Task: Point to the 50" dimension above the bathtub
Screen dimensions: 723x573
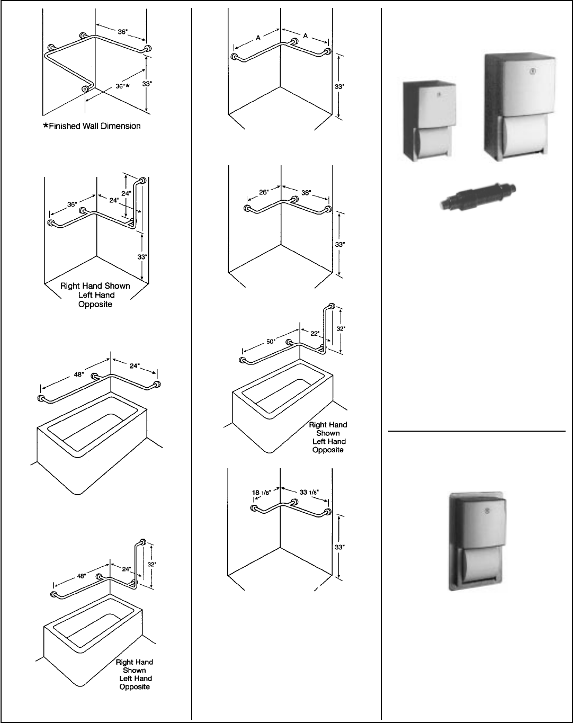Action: [271, 342]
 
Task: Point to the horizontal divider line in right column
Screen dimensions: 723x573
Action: [477, 431]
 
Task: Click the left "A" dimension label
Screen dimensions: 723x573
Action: [258, 38]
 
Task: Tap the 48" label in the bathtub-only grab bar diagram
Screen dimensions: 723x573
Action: [79, 374]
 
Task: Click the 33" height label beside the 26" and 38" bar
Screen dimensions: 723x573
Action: [340, 245]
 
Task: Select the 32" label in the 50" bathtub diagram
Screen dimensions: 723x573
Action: [340, 328]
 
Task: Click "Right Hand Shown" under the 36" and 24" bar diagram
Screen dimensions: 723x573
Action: [95, 286]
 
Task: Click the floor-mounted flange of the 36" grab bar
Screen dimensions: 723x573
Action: [85, 89]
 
